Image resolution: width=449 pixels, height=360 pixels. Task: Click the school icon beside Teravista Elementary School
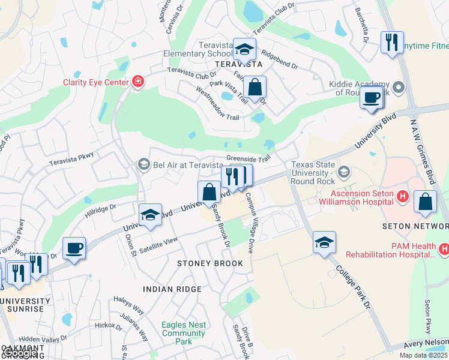(x=244, y=49)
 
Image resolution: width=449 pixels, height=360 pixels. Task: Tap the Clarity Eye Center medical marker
(x=138, y=82)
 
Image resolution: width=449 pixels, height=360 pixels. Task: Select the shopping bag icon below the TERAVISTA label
(x=255, y=87)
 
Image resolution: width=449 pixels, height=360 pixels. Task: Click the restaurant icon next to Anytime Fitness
(x=392, y=42)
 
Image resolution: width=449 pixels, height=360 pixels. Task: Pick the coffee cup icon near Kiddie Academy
(x=372, y=97)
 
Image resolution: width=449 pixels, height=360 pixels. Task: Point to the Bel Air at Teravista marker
(x=143, y=164)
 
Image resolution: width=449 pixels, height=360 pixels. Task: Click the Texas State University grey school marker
(x=343, y=173)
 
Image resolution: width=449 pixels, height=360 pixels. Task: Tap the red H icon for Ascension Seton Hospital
(x=402, y=196)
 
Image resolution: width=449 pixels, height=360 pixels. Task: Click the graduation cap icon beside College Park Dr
(x=324, y=242)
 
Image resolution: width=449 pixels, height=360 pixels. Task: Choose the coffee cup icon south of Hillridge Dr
(x=74, y=248)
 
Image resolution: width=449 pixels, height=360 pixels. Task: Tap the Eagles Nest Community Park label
(x=184, y=333)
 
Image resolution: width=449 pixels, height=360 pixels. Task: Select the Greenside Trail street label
(x=249, y=159)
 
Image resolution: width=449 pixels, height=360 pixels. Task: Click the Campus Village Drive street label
(x=252, y=222)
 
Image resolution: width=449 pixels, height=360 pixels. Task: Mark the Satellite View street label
(x=159, y=241)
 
